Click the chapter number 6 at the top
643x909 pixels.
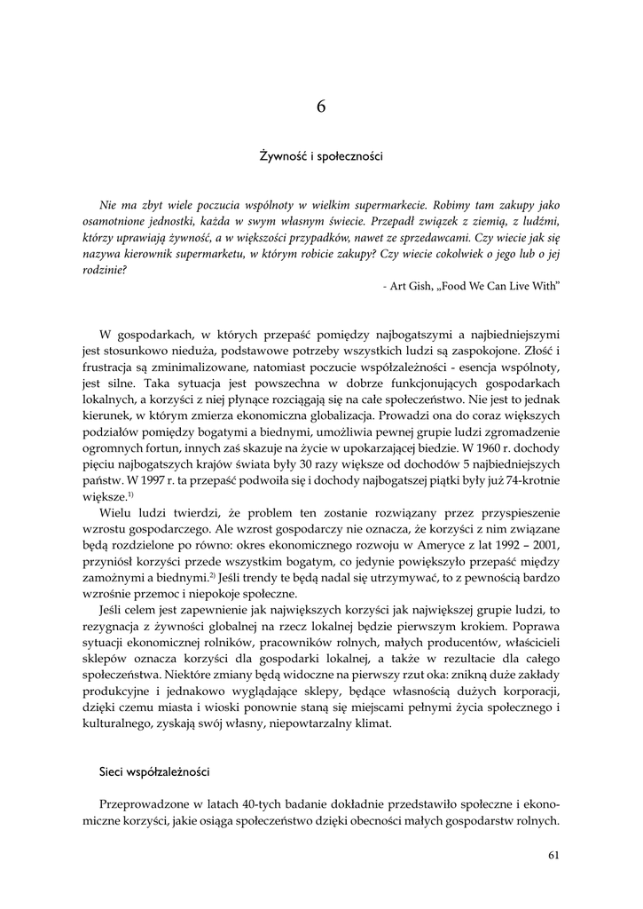pos(321,107)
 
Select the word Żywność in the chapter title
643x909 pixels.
pos(279,156)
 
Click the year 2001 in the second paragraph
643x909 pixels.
pos(544,543)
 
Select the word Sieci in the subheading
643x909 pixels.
pos(113,771)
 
